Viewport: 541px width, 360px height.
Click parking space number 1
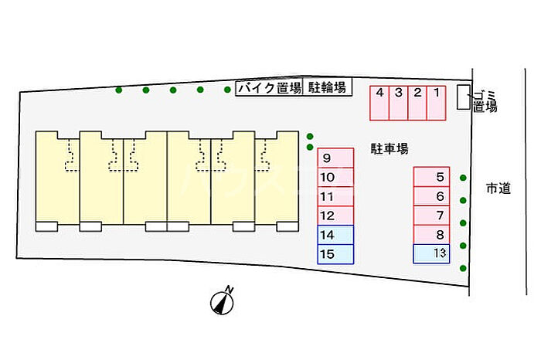436,103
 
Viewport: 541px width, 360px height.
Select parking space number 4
379,103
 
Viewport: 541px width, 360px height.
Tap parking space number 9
335,158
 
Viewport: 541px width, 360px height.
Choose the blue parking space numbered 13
431,254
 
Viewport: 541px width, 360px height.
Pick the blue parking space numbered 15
335,254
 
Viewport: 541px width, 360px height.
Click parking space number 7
431,216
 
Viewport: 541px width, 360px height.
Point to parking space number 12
335,216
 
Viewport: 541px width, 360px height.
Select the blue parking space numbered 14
335,235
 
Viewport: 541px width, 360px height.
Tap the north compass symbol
223,301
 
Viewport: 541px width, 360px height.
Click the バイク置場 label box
269,87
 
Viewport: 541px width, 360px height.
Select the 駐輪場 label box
327,87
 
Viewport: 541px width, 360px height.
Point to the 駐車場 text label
390,149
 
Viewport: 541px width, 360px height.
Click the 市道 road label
498,188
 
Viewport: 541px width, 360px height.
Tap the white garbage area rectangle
464,97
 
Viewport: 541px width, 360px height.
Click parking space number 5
431,177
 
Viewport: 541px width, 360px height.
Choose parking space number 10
335,177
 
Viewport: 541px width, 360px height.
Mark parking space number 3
399,103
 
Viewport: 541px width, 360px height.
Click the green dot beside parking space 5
463,178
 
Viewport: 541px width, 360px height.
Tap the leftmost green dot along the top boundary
119,90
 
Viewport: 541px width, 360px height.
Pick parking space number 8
431,235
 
